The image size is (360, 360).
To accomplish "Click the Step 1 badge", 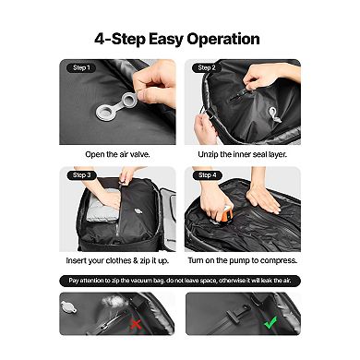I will click(x=80, y=67).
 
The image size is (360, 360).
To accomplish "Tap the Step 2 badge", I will click(x=206, y=67).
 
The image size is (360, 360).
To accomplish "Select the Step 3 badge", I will click(x=80, y=174).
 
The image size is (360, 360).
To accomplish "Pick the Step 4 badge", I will click(x=206, y=174).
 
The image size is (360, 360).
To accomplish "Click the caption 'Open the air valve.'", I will click(x=117, y=153).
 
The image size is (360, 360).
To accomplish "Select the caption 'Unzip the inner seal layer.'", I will click(x=243, y=153).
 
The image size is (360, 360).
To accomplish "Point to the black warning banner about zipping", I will click(x=180, y=280).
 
